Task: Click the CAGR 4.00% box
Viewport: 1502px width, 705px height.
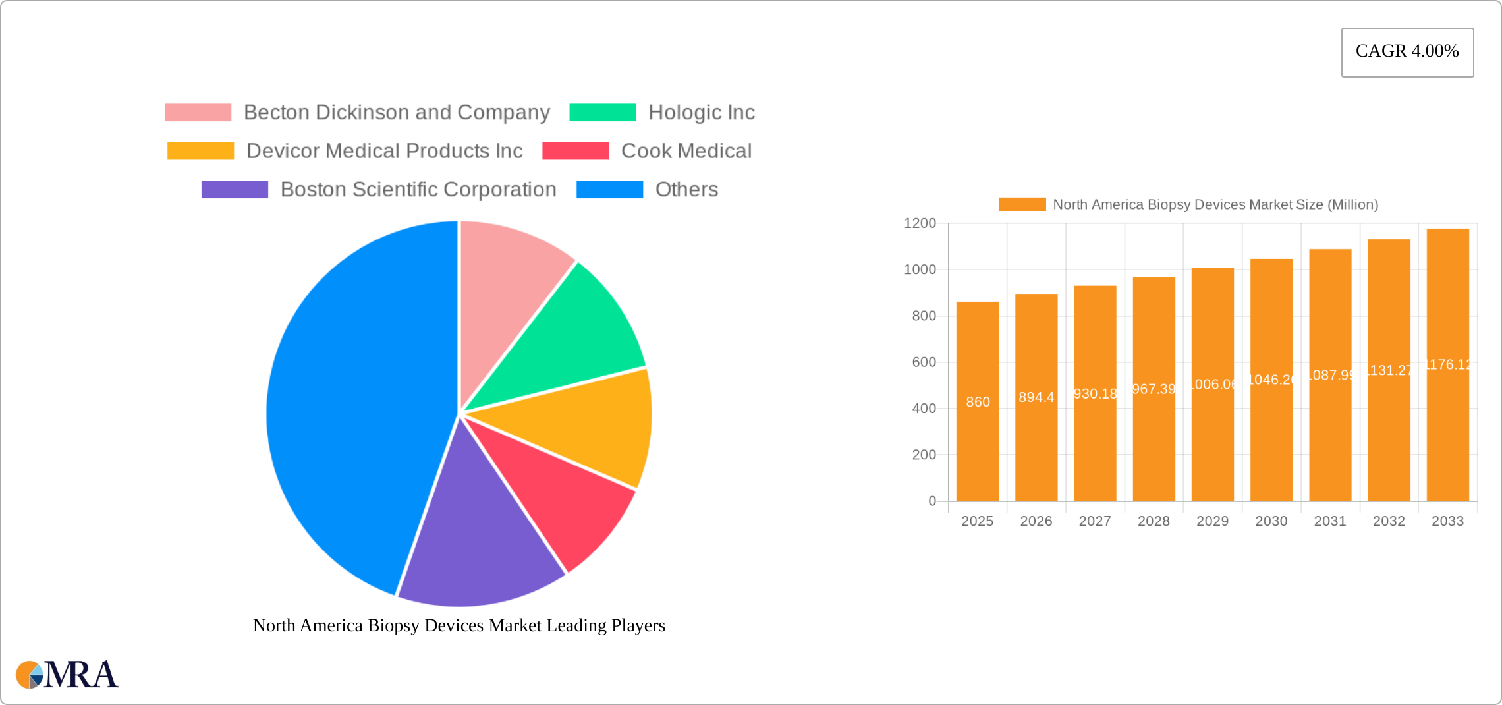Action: click(1407, 52)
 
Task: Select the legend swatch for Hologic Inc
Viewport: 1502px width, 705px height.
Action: click(602, 113)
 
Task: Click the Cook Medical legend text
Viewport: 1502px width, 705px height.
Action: click(686, 151)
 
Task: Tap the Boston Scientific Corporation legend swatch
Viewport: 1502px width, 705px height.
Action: click(235, 190)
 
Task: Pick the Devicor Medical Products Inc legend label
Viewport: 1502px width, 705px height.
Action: click(384, 151)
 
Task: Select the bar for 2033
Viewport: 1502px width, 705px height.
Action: click(1447, 428)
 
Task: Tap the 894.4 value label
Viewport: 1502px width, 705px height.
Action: click(1036, 397)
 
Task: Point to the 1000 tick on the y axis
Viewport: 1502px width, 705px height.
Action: click(920, 269)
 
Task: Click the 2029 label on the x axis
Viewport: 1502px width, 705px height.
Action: click(1212, 521)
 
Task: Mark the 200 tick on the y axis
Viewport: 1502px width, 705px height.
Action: click(924, 455)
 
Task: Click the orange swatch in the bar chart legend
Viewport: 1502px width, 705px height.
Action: click(1022, 205)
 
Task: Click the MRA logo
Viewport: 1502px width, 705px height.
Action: click(67, 675)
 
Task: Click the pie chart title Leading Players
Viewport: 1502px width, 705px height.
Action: click(459, 625)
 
